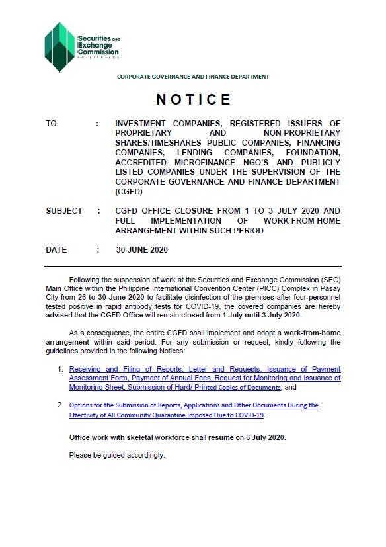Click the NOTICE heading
194,100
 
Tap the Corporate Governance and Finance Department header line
193,77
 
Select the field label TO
52,124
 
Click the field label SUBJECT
64,211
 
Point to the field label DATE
56,250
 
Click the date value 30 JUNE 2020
141,250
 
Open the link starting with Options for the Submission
194,405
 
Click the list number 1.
60,369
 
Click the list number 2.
60,405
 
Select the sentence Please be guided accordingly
117,455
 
